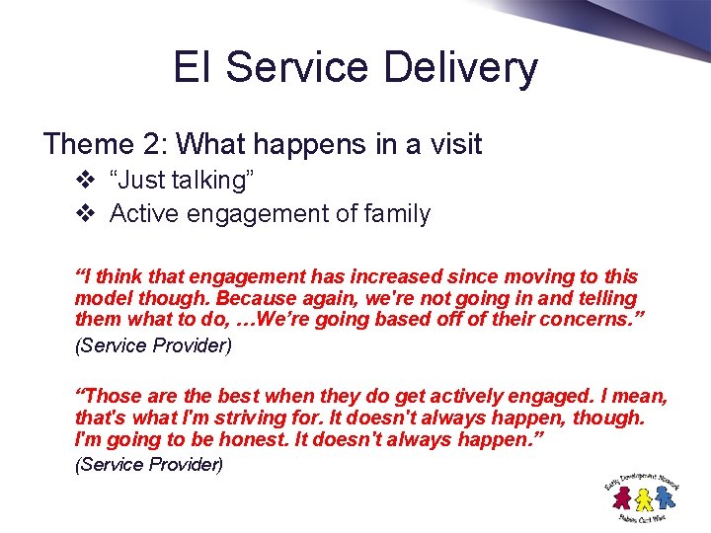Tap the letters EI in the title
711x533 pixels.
coord(194,67)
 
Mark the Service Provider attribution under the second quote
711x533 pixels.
coord(149,464)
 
